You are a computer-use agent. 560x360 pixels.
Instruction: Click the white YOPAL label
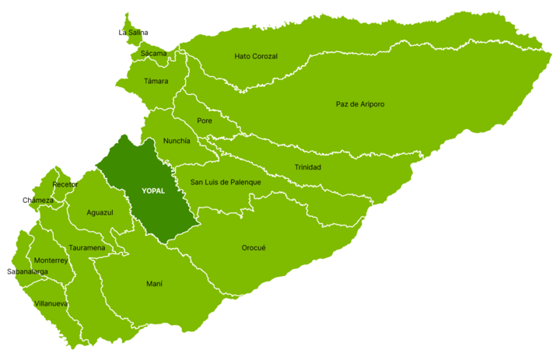click(x=153, y=190)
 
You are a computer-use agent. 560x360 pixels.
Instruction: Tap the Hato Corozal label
click(x=256, y=57)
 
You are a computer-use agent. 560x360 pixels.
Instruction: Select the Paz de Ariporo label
click(x=360, y=104)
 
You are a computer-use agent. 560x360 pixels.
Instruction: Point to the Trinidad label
click(x=307, y=167)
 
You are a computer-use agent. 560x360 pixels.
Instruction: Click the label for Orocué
click(x=254, y=248)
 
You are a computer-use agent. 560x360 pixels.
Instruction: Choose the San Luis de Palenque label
click(x=226, y=183)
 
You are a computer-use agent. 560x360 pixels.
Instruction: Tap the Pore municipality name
click(x=205, y=121)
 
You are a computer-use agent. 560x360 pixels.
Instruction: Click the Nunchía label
click(x=177, y=142)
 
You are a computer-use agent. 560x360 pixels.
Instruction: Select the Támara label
click(x=156, y=81)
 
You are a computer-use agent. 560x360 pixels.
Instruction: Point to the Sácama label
click(x=153, y=54)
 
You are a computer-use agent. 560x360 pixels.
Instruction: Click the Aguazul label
click(x=100, y=212)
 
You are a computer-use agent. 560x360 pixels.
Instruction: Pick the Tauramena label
click(x=87, y=248)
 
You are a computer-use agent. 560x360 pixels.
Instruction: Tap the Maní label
click(x=155, y=284)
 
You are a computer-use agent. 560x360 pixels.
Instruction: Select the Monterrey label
click(x=51, y=260)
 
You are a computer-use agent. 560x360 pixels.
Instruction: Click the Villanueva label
click(x=51, y=303)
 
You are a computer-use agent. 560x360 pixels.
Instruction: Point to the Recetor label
click(x=65, y=184)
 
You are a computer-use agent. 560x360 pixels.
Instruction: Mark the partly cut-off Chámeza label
click(x=41, y=200)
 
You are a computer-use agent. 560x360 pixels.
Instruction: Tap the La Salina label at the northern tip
click(x=135, y=33)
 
